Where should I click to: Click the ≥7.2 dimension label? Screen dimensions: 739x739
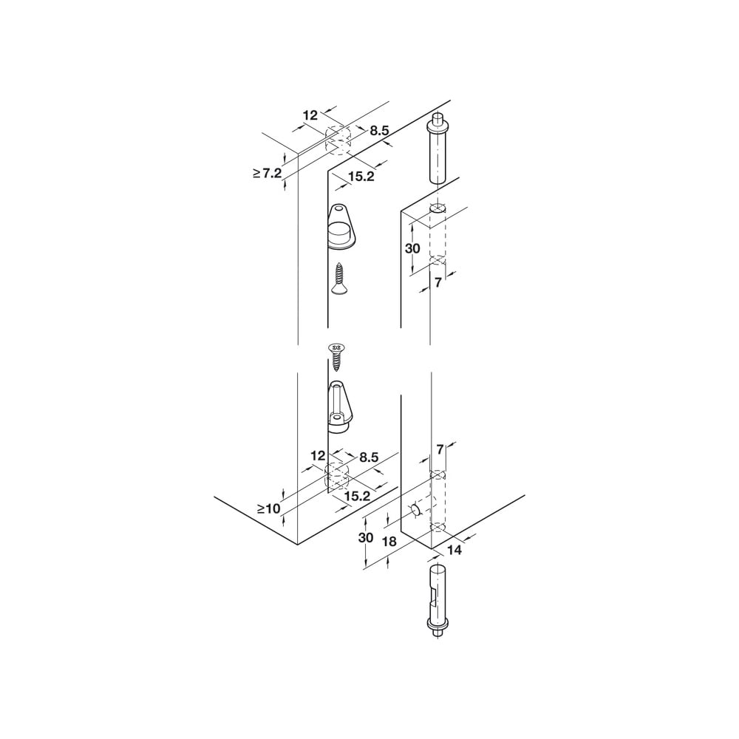[x=268, y=174]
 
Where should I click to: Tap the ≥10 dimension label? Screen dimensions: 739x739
[x=269, y=508]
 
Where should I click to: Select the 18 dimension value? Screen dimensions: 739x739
[x=389, y=542]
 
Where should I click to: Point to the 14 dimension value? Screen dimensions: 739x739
[x=454, y=550]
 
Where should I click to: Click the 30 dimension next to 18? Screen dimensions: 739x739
[x=366, y=537]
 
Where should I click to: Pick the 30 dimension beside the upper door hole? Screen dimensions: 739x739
[x=412, y=248]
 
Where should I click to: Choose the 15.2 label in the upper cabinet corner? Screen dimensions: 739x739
[x=361, y=177]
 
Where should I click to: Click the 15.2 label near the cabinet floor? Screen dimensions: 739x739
[x=357, y=496]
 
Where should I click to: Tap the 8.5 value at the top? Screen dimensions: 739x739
[x=379, y=131]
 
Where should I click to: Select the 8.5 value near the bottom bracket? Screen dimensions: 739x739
[x=369, y=457]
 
